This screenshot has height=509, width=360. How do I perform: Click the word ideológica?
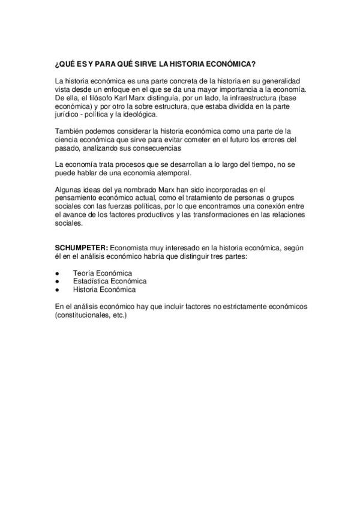click(x=175, y=114)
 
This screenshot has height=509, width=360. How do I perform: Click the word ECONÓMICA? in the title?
click(x=230, y=64)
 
